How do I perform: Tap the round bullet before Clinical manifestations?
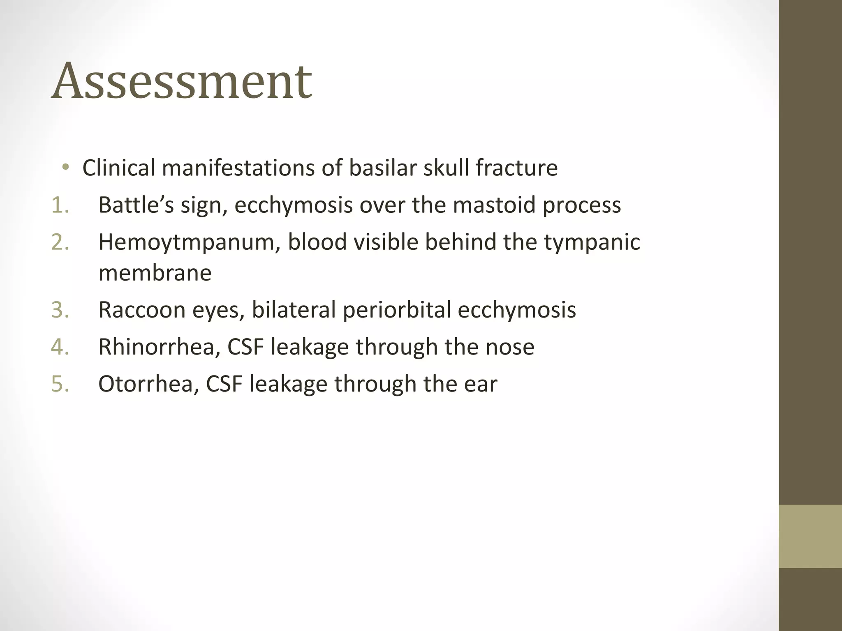[x=65, y=167]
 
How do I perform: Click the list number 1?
[x=60, y=205]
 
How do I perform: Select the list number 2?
[x=60, y=242]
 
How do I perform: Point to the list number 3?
[x=60, y=310]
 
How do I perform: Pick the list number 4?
[x=60, y=347]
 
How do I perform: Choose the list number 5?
[x=60, y=384]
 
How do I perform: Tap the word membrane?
[x=155, y=273]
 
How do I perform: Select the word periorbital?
[x=397, y=310]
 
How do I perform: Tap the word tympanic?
[x=592, y=242]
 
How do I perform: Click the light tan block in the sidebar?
[x=810, y=536]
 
